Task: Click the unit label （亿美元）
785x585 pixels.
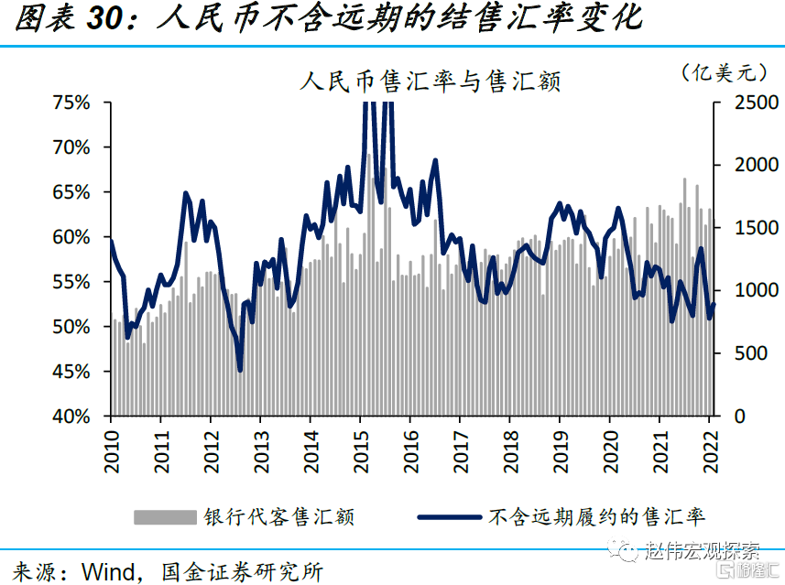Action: (723, 71)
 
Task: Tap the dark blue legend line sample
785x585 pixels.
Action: (451, 517)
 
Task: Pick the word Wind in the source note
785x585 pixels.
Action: (110, 572)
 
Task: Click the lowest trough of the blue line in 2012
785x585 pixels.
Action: (240, 370)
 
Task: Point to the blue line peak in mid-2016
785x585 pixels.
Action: (435, 161)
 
